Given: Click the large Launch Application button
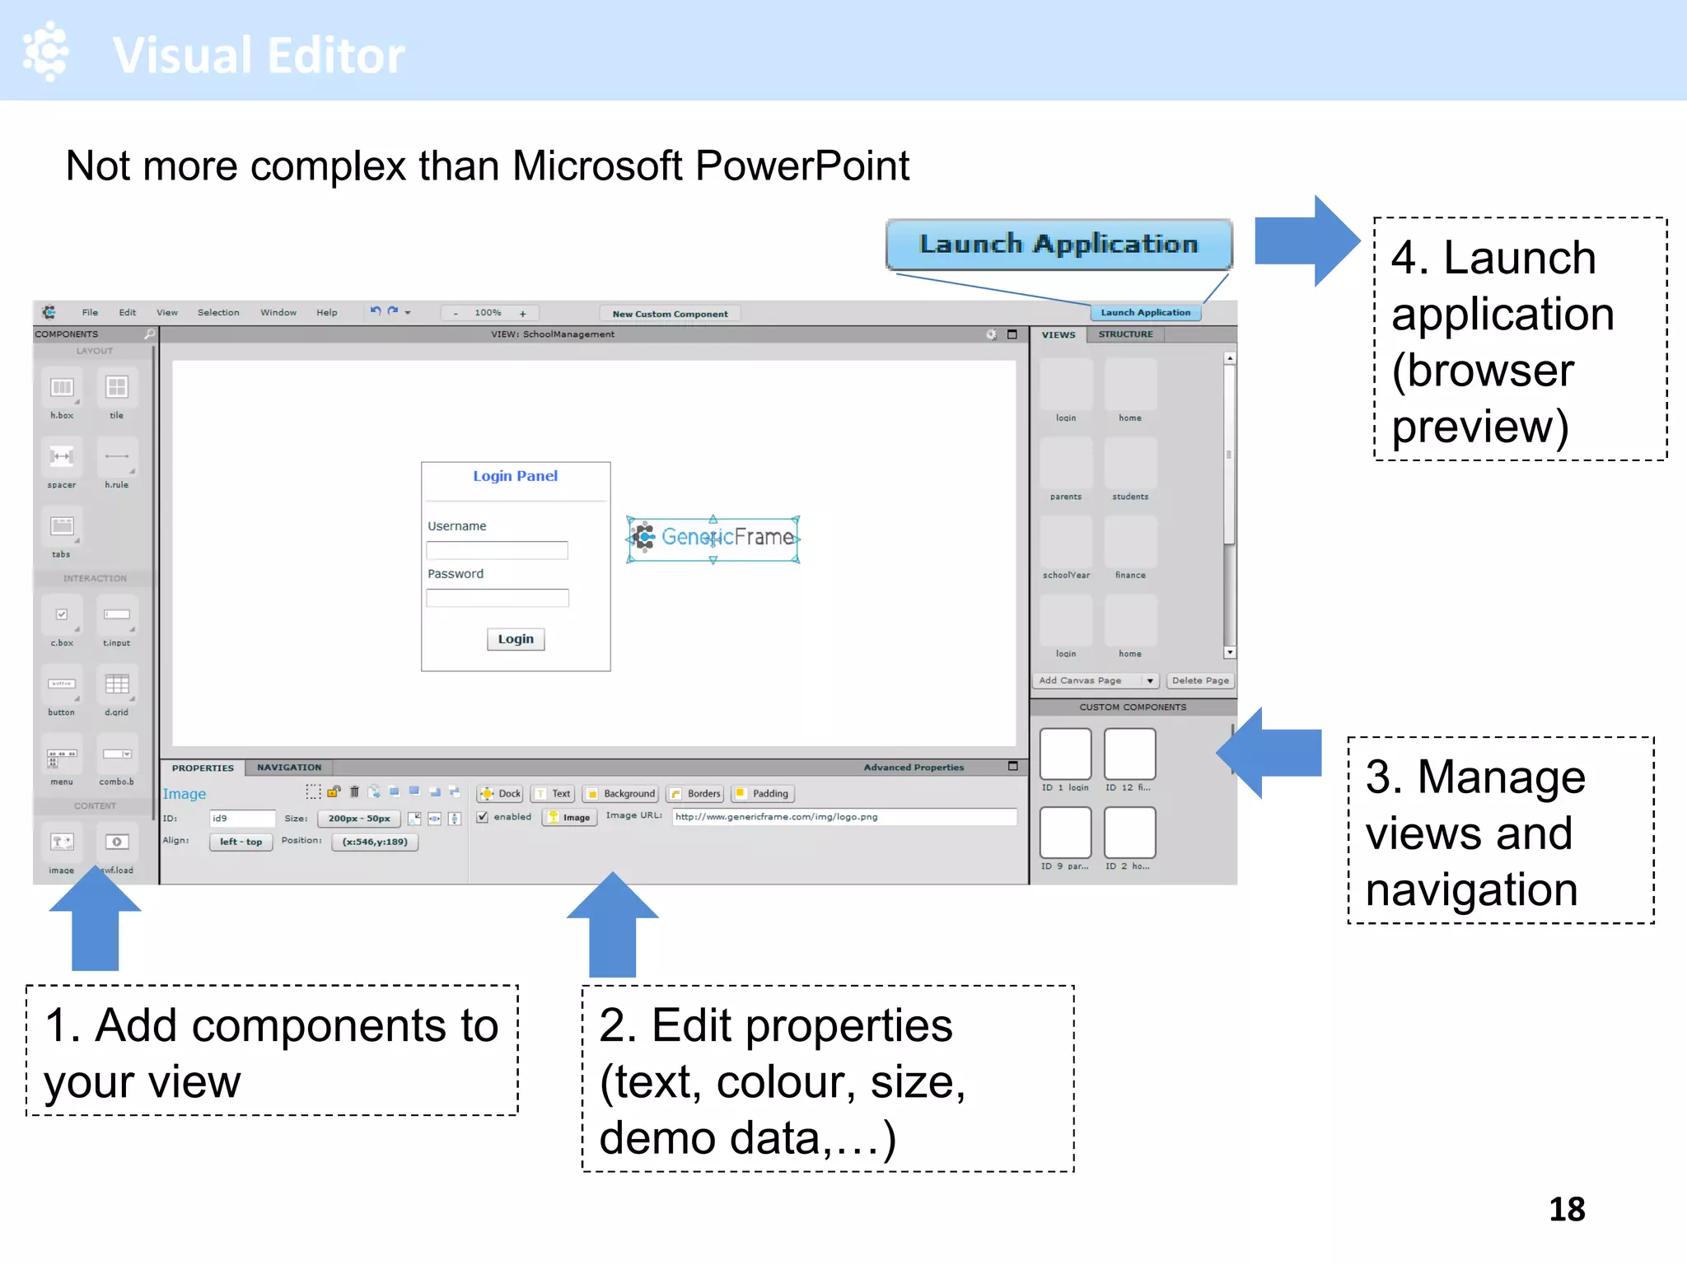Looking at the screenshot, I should (x=1058, y=245).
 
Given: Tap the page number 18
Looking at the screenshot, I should (x=1566, y=1209).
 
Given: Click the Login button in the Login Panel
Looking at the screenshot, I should (x=516, y=639).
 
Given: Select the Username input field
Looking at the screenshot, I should (x=497, y=550).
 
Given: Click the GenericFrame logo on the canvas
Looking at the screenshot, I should (x=713, y=538).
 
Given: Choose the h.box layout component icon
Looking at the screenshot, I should (x=62, y=388).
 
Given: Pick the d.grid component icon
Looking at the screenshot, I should (x=116, y=685).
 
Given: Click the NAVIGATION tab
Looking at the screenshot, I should (x=289, y=768).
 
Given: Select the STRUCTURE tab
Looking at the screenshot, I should (x=1125, y=334).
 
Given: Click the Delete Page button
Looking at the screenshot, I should (x=1199, y=680).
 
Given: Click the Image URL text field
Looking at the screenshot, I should (x=843, y=817).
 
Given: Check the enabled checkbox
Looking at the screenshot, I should (x=484, y=817).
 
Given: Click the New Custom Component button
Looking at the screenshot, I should (x=670, y=314).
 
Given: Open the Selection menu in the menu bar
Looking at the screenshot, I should (x=218, y=313).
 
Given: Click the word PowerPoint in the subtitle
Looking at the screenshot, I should (x=801, y=166).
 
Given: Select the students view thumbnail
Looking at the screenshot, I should (x=1130, y=465).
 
